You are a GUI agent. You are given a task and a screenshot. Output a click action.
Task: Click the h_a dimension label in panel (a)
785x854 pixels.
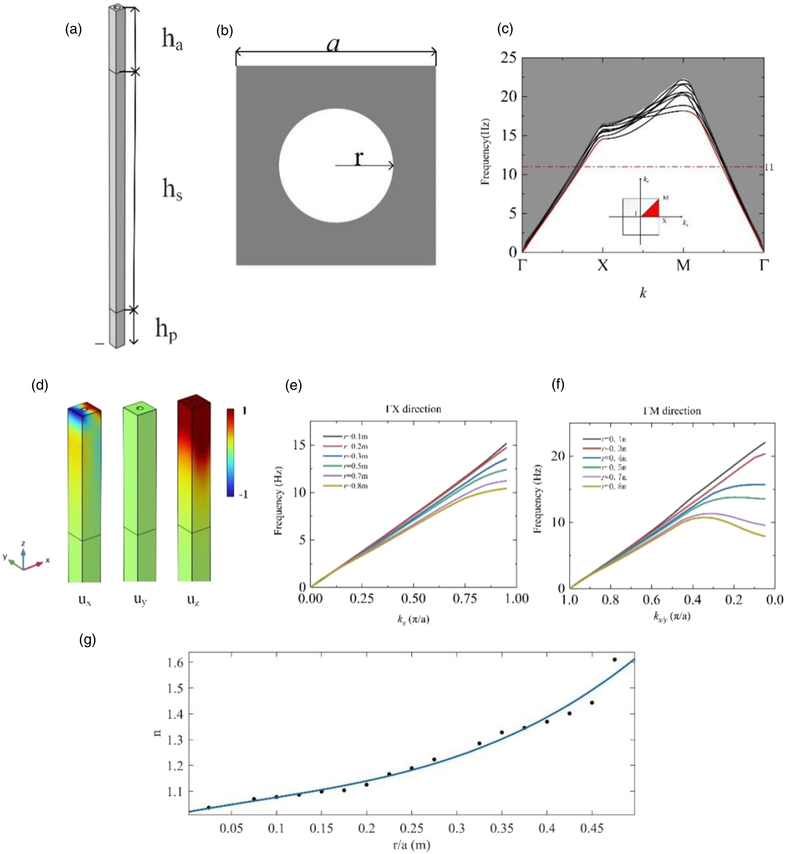[x=172, y=40]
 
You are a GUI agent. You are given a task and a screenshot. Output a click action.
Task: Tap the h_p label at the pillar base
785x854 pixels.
[x=166, y=331]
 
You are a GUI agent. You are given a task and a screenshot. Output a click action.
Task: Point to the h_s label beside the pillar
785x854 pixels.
[x=172, y=190]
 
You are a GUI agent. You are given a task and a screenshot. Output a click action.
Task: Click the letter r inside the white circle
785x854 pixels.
[x=358, y=158]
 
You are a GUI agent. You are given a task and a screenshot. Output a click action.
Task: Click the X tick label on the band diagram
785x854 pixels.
[x=603, y=265]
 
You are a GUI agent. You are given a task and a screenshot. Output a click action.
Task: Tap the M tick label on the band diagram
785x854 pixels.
[x=683, y=265]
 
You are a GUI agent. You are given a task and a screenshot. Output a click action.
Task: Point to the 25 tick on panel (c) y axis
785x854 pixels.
[x=508, y=58]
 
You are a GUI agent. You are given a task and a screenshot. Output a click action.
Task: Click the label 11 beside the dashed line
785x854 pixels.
[x=769, y=167]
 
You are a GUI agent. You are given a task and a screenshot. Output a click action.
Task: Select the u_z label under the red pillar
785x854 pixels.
[x=193, y=600]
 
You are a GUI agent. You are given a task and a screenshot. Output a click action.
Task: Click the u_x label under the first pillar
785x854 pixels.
[x=85, y=600]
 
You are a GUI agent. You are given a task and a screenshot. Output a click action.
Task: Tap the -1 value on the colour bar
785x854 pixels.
[x=243, y=495]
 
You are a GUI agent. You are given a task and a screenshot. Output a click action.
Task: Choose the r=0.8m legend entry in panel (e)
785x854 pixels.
[x=345, y=486]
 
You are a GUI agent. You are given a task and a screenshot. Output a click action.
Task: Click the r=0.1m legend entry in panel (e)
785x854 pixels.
[x=345, y=437]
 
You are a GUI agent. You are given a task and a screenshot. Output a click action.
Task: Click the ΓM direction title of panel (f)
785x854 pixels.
[x=672, y=411]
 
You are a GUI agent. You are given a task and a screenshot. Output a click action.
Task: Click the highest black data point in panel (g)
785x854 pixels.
[x=615, y=659]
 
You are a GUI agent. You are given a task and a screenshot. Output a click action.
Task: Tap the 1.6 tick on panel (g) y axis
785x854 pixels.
[x=174, y=662]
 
